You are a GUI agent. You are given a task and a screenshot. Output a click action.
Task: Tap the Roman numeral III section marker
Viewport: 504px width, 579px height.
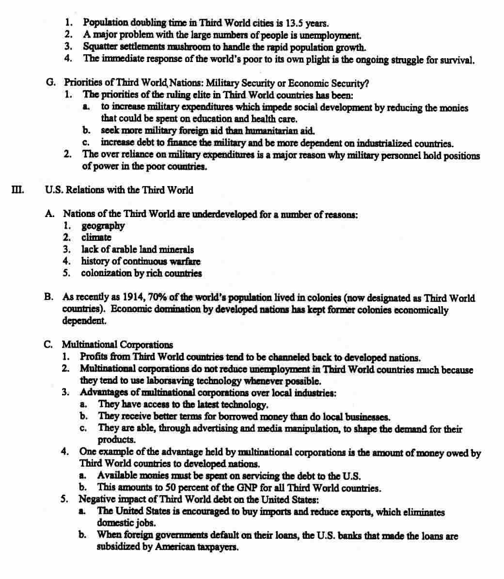[17, 189]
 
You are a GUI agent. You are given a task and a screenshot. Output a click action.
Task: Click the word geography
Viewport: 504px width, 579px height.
[103, 226]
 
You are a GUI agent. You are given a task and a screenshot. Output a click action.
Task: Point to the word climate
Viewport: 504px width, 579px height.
[96, 237]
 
